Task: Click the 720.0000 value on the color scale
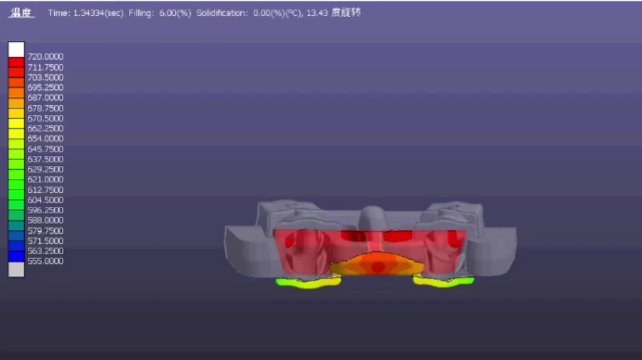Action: click(46, 57)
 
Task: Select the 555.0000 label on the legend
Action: click(46, 262)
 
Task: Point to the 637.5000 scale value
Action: click(46, 159)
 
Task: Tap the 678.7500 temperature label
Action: click(46, 108)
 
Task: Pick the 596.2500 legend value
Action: click(46, 210)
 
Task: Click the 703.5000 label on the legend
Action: click(46, 77)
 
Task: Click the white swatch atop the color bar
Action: click(17, 50)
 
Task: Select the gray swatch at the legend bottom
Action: click(17, 270)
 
